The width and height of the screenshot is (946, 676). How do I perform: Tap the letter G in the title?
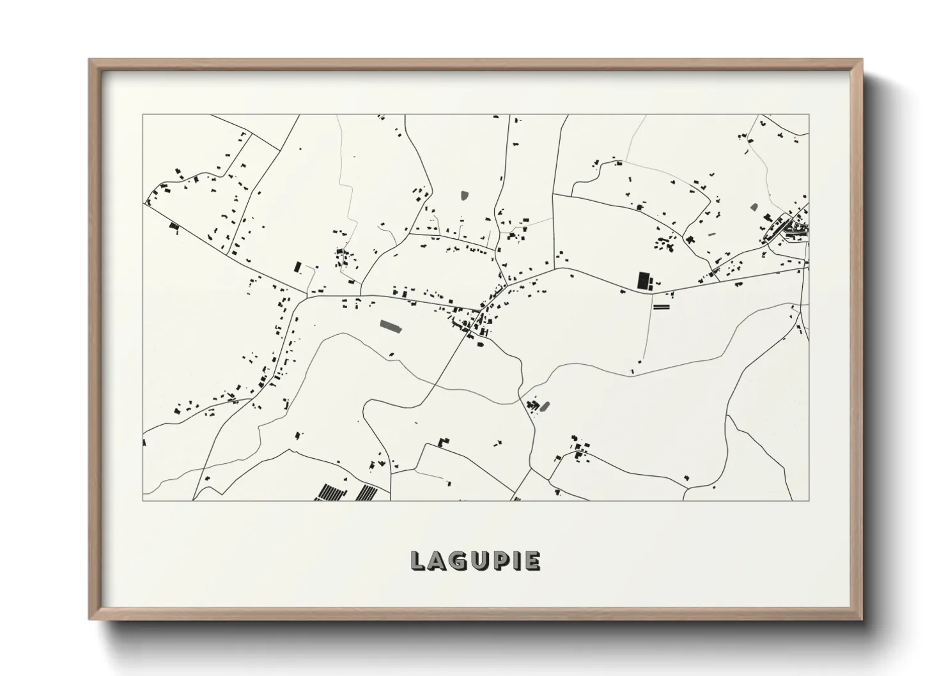pyautogui.click(x=455, y=561)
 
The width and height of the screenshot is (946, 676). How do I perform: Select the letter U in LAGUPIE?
pyautogui.click(x=475, y=561)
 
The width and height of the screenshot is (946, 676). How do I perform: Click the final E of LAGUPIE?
pyautogui.click(x=531, y=561)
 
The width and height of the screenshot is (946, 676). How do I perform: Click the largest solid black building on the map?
pyautogui.click(x=643, y=280)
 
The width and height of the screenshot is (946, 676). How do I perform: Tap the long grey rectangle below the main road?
pyautogui.click(x=389, y=326)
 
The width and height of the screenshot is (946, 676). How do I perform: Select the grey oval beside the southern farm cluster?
pyautogui.click(x=545, y=405)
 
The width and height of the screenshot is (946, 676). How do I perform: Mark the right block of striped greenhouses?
pyautogui.click(x=367, y=492)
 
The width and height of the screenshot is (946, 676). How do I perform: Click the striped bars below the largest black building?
pyautogui.click(x=661, y=307)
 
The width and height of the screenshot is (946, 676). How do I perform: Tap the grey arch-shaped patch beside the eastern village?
pyautogui.click(x=754, y=207)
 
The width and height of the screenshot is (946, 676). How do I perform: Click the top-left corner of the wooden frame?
pyautogui.click(x=90, y=60)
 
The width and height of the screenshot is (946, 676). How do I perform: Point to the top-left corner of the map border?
pyautogui.click(x=143, y=115)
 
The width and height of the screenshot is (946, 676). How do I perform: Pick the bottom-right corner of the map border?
pyautogui.click(x=809, y=500)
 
